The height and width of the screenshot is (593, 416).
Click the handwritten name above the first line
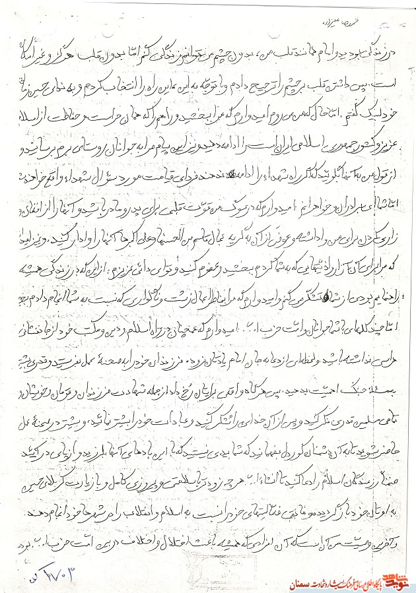[x=235, y=20]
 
